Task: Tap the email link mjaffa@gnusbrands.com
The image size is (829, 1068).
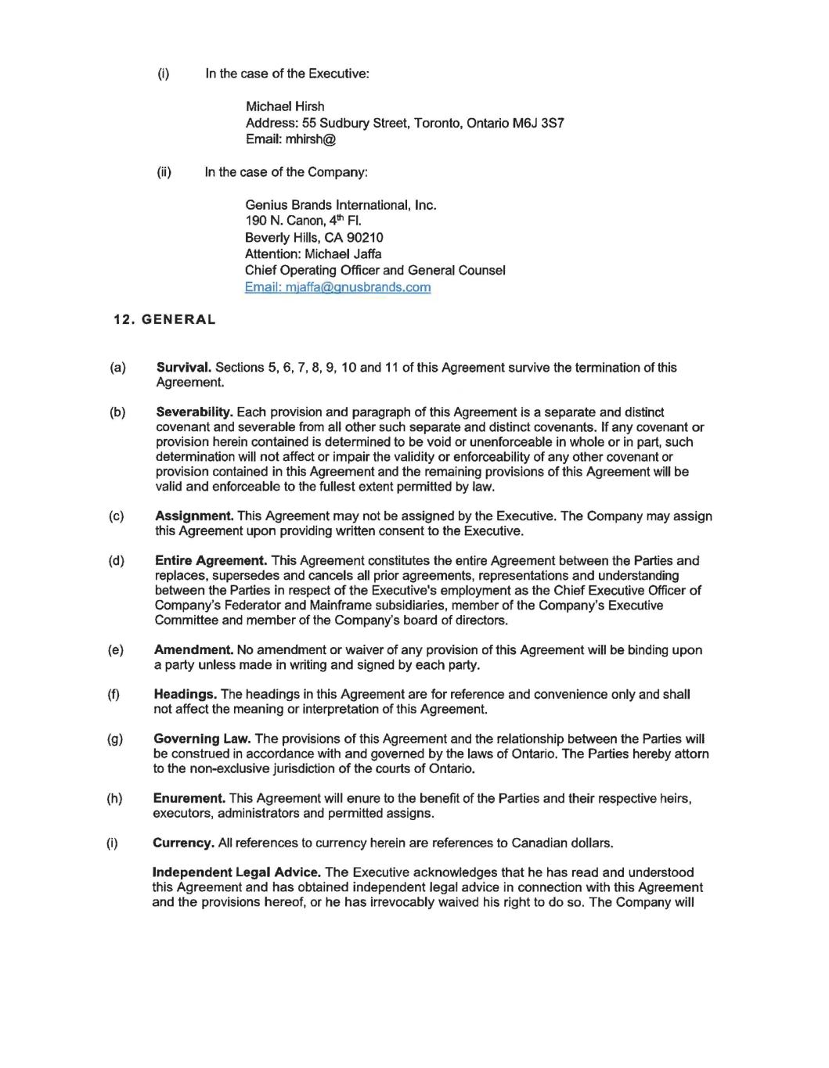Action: (337, 287)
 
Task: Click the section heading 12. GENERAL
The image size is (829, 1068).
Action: (164, 319)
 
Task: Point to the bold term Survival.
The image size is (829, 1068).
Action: (184, 368)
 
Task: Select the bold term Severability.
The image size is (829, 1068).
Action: (194, 412)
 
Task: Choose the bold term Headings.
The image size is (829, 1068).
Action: (186, 695)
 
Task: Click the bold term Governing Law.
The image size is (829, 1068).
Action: (202, 739)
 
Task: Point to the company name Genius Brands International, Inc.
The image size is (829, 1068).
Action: (341, 205)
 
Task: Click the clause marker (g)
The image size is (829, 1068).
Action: (115, 739)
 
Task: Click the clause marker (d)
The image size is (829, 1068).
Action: (116, 561)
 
